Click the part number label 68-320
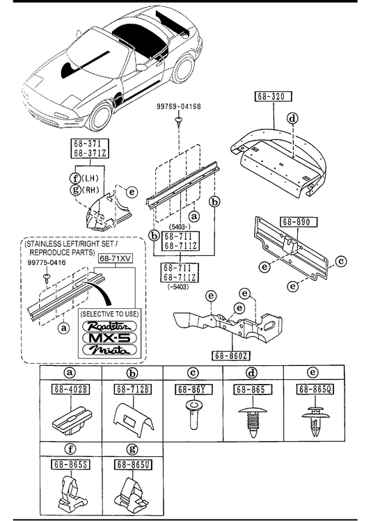[x=273, y=97]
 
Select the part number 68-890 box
[x=299, y=222]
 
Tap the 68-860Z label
[x=230, y=356]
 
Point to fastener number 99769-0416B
[x=179, y=106]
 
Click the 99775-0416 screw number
[x=47, y=262]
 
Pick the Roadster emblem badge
[x=109, y=326]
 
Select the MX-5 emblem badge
[x=109, y=338]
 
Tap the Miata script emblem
[x=109, y=350]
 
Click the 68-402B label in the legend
[x=71, y=389]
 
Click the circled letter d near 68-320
[x=292, y=118]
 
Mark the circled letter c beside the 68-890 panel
[x=341, y=262]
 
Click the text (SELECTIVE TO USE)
[x=109, y=314]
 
